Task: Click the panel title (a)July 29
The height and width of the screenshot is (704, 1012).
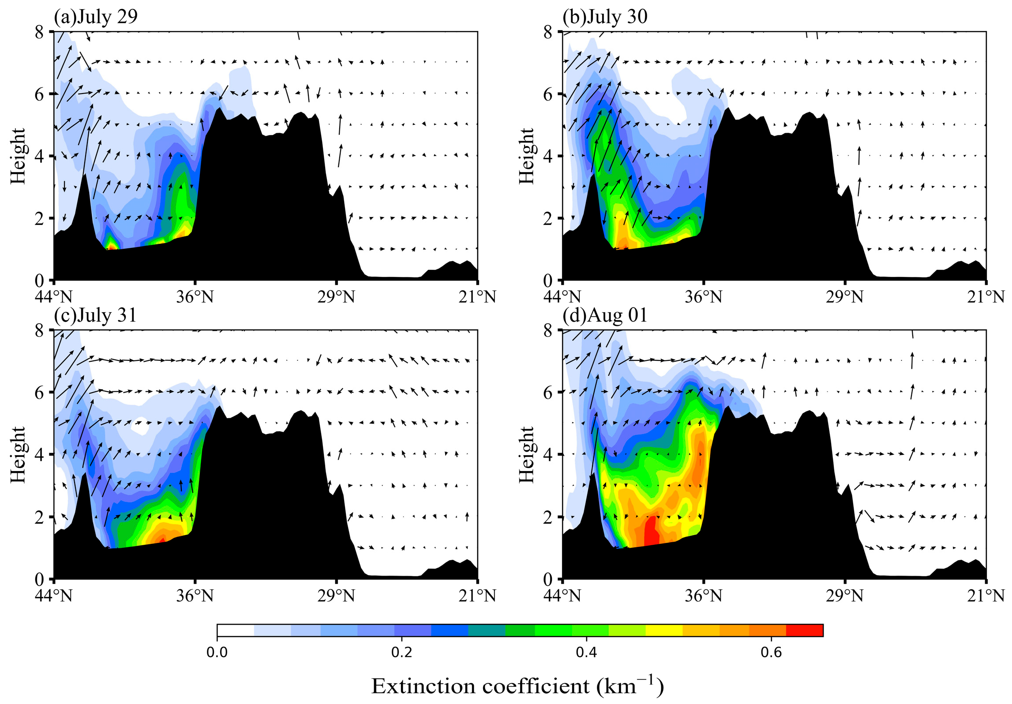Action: tap(96, 17)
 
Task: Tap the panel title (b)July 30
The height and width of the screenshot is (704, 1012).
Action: tap(605, 17)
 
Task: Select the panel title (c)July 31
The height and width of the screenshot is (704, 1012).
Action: tap(95, 315)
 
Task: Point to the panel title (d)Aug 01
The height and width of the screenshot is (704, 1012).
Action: tap(605, 315)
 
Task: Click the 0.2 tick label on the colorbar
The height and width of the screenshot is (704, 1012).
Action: tap(401, 652)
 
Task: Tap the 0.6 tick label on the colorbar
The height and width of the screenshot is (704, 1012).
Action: tap(771, 652)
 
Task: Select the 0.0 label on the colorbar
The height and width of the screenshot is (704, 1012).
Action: tap(217, 652)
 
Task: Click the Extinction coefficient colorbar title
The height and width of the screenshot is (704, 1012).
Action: tap(517, 686)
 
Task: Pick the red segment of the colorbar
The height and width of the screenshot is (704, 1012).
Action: tap(804, 630)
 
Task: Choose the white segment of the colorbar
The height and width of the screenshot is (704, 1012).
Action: tap(235, 630)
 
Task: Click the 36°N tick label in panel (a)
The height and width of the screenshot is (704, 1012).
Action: tap(195, 297)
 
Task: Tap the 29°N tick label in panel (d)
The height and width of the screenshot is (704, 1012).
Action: tap(845, 596)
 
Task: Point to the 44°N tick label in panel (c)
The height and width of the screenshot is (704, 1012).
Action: tap(54, 596)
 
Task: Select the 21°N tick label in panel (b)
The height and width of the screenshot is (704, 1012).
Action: tap(986, 297)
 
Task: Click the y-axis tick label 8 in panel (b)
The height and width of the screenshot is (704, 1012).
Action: tap(547, 32)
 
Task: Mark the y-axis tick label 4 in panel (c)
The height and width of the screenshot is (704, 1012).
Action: tap(39, 454)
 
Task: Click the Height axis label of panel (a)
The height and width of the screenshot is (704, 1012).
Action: tap(18, 156)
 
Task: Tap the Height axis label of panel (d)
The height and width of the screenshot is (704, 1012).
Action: tap(526, 454)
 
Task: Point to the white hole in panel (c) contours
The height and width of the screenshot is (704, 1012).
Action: tap(141, 426)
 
